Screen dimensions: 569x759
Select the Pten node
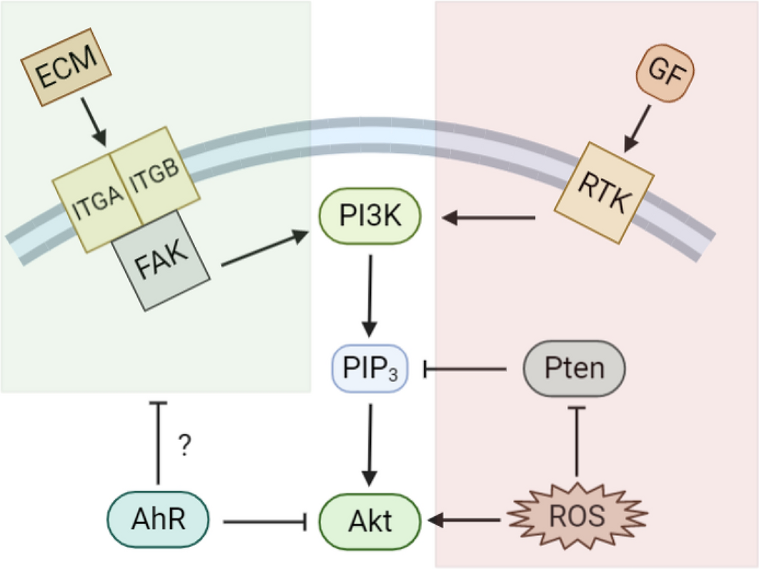coord(575,369)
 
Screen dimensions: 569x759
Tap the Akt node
coord(369,520)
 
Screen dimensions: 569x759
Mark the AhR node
coord(158,520)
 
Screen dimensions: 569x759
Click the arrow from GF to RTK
coord(638,129)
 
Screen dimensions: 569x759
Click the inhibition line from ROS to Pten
coord(576,443)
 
